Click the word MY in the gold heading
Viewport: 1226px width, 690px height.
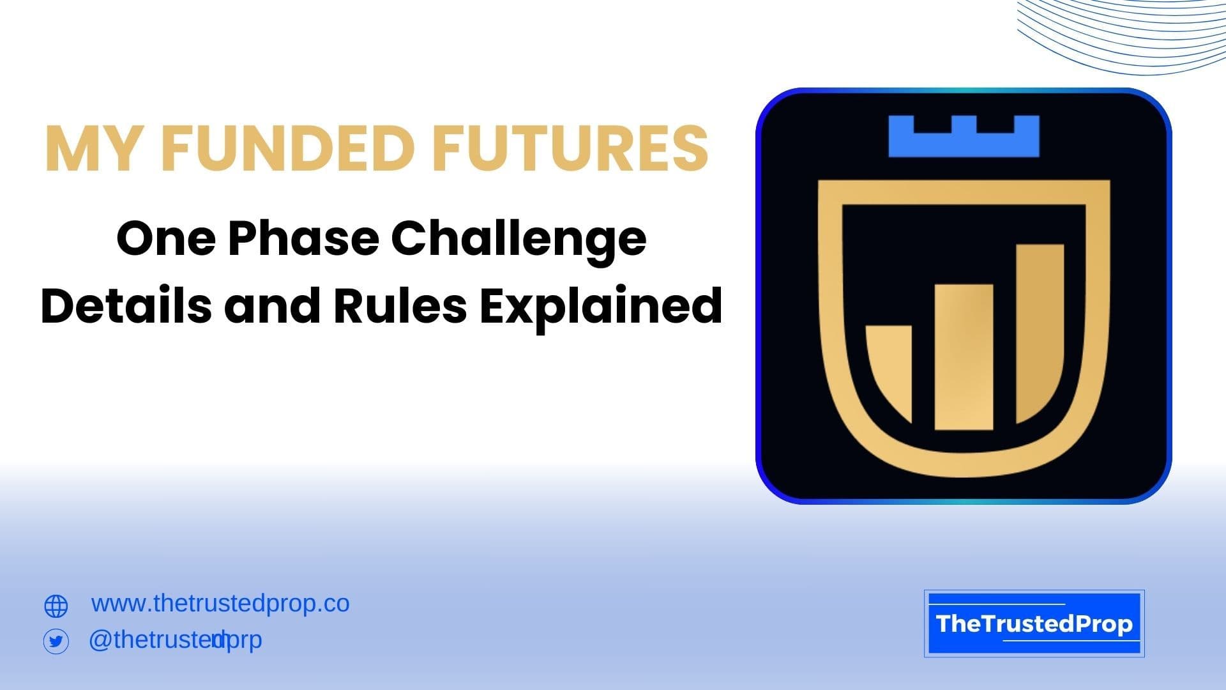point(92,148)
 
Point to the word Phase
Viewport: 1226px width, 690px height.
point(303,239)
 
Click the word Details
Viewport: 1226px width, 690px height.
point(126,305)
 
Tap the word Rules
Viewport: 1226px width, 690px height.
point(400,305)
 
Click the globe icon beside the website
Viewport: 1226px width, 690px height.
point(56,606)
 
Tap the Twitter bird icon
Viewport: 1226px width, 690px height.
point(56,641)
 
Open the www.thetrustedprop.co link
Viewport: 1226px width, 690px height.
point(220,604)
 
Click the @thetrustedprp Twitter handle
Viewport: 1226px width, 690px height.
point(175,640)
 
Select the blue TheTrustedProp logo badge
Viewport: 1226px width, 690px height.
point(1034,624)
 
